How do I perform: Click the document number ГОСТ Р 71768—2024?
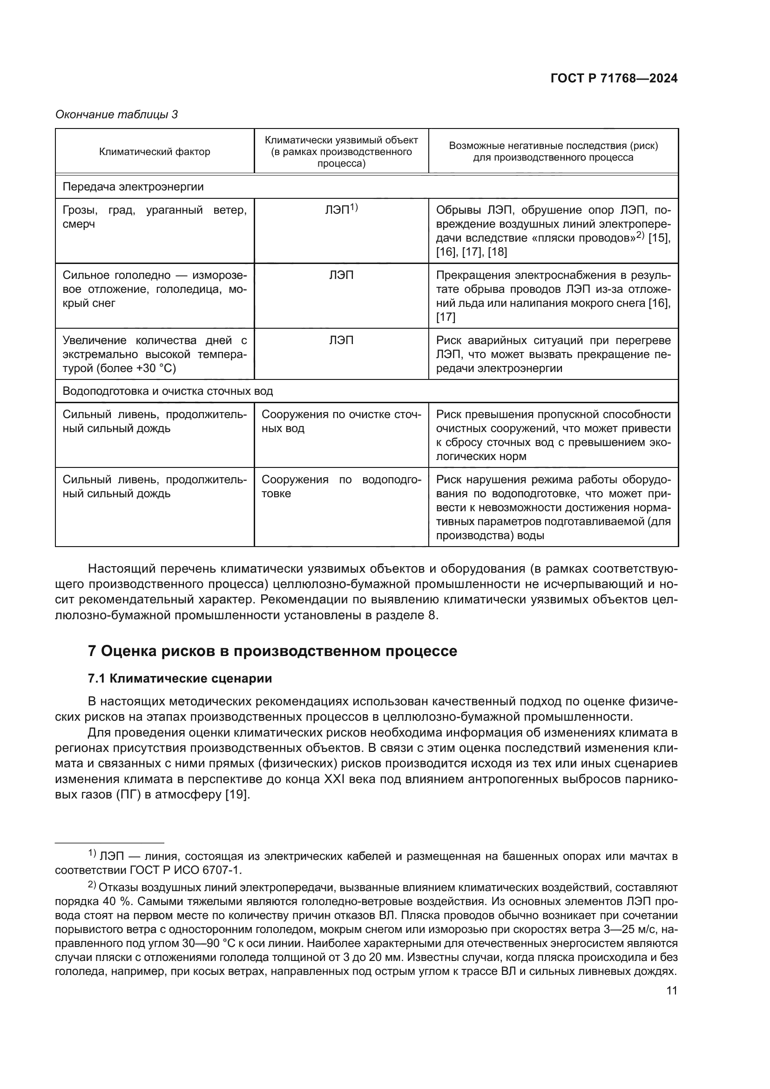[x=614, y=79]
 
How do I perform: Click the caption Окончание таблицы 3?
[x=117, y=115]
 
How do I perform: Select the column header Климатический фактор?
[x=155, y=152]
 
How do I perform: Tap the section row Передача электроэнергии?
[x=133, y=187]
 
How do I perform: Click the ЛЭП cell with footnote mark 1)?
[x=341, y=210]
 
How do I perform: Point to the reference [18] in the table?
[x=497, y=252]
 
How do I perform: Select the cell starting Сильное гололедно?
[x=155, y=289]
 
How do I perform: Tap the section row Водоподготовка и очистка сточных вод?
[x=168, y=391]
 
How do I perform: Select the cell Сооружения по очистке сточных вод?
[x=341, y=422]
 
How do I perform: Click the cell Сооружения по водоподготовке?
[x=341, y=487]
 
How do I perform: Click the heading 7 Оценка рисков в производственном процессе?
[x=273, y=651]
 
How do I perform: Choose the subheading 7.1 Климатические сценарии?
[x=180, y=679]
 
